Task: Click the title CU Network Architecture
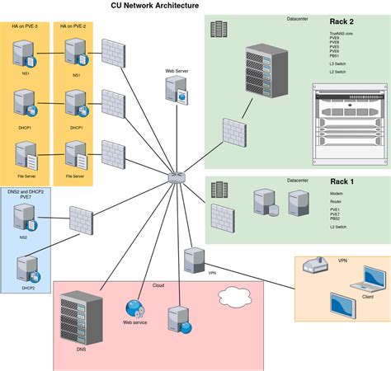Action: tap(155, 6)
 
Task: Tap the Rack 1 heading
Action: tap(342, 182)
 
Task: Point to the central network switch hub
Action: tap(176, 176)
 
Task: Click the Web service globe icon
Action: tap(134, 309)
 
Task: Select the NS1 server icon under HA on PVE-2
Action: tap(76, 55)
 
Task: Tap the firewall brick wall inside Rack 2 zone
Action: tap(233, 134)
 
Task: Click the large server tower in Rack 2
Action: tap(266, 75)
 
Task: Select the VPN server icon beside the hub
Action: tap(195, 257)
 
